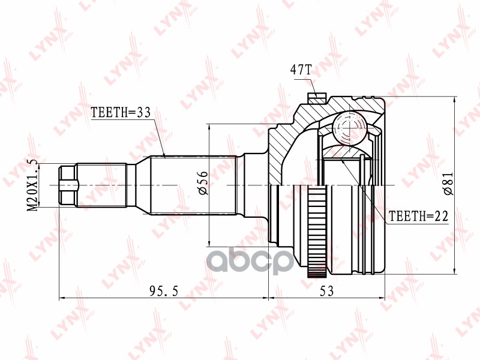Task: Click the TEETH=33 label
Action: click(119, 112)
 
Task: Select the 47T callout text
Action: click(301, 70)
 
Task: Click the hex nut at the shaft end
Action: click(68, 185)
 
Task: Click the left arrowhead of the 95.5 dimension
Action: click(62, 297)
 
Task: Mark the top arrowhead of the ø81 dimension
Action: click(456, 101)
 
